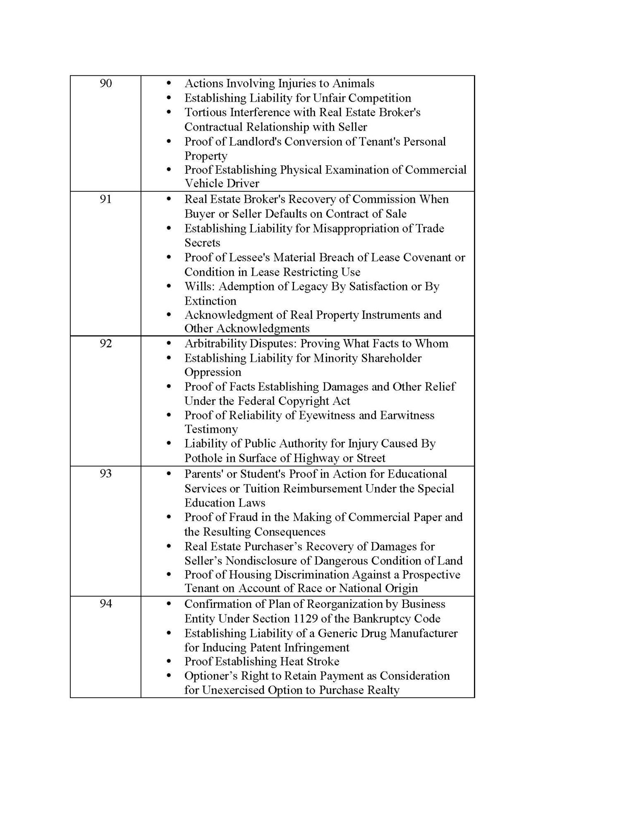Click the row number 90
[106, 84]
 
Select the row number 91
[106, 199]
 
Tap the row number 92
[106, 344]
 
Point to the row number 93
[106, 473]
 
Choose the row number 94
[106, 604]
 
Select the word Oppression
[213, 372]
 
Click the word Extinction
[210, 301]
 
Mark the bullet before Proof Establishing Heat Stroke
[169, 661]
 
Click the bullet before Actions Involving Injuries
[169, 84]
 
